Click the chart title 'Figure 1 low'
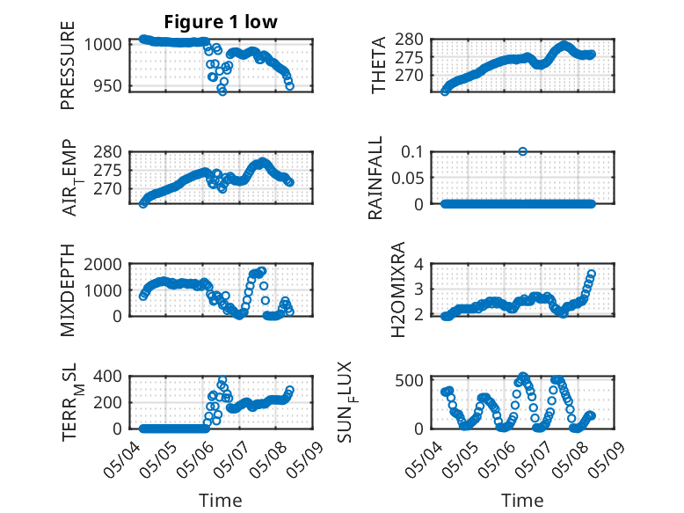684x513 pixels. coord(221,22)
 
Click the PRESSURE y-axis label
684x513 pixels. coord(68,65)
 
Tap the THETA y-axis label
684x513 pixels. coord(379,65)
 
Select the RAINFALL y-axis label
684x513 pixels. coord(375,178)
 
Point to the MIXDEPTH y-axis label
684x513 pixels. coord(68,290)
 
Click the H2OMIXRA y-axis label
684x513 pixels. coord(398,289)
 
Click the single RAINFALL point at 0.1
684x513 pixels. coord(522,151)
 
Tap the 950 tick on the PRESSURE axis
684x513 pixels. coord(108,86)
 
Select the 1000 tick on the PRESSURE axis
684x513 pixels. coord(104,45)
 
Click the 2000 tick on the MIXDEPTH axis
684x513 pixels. coord(104,264)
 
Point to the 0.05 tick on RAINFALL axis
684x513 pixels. coord(407,178)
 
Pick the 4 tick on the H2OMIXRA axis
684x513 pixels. coord(418,264)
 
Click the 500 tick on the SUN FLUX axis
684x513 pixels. coord(409,380)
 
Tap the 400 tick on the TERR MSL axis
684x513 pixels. coord(108,377)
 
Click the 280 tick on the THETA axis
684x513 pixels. coord(409,40)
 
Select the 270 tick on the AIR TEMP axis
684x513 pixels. coord(108,189)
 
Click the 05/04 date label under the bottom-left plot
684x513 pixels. coord(118,459)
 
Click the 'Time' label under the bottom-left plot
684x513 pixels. coord(221,501)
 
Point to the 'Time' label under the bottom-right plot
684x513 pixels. coord(522,501)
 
